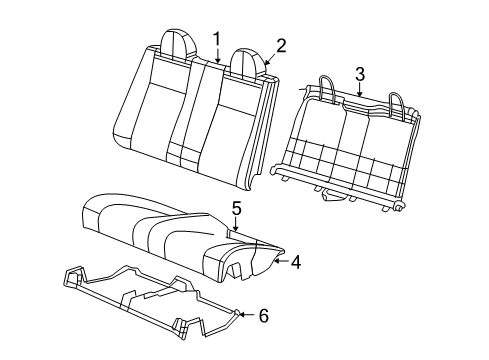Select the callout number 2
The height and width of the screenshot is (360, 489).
tap(282, 44)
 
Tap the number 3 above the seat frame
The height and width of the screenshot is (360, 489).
tap(359, 72)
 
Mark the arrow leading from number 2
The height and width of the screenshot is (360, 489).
tap(271, 56)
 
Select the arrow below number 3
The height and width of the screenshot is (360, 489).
tap(359, 89)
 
